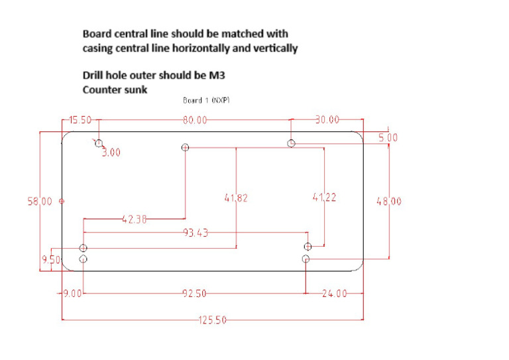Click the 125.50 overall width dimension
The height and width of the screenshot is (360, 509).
pyautogui.click(x=212, y=320)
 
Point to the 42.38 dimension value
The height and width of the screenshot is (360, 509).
pyautogui.click(x=135, y=219)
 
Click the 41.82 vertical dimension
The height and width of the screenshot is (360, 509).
pyautogui.click(x=236, y=197)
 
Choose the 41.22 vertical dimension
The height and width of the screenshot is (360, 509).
pyautogui.click(x=325, y=197)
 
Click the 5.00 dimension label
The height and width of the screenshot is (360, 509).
pyautogui.click(x=388, y=138)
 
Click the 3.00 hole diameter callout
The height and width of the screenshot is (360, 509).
pyautogui.click(x=111, y=152)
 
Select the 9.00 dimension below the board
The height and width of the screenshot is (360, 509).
pyautogui.click(x=72, y=293)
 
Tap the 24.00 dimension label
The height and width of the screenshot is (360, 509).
pyautogui.click(x=334, y=293)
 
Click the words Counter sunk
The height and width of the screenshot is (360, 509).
pyautogui.click(x=115, y=89)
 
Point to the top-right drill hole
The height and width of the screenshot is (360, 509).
pyautogui.click(x=292, y=143)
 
